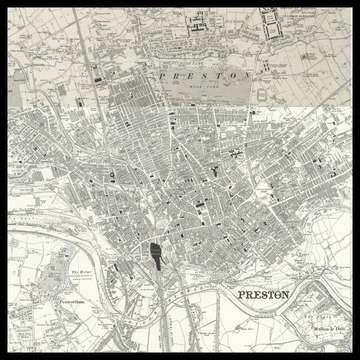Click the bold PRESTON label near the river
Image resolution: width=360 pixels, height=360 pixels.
(x=262, y=295)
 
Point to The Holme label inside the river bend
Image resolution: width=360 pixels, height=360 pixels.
(x=80, y=270)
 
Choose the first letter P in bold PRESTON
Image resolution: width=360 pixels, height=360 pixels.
(x=238, y=295)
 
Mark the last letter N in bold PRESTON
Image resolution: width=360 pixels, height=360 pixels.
(x=286, y=295)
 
